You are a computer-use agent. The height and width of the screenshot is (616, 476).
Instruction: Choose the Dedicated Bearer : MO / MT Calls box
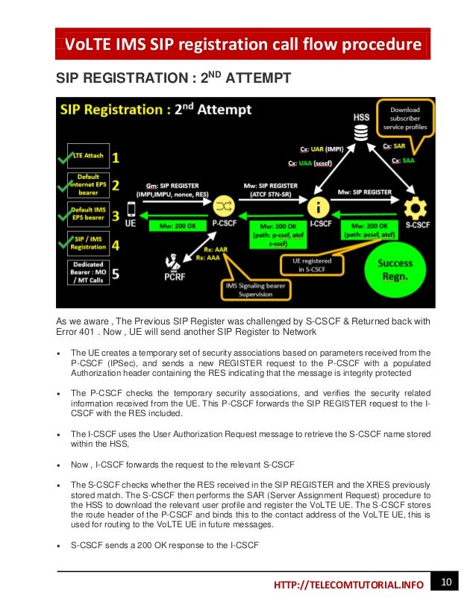[x=88, y=274]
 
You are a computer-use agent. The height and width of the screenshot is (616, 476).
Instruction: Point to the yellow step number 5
[x=116, y=274]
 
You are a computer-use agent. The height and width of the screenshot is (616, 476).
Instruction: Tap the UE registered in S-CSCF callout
[x=316, y=265]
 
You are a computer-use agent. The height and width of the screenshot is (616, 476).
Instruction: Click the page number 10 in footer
[x=446, y=581]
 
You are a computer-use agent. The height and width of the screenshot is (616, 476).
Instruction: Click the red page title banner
[x=242, y=45]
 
